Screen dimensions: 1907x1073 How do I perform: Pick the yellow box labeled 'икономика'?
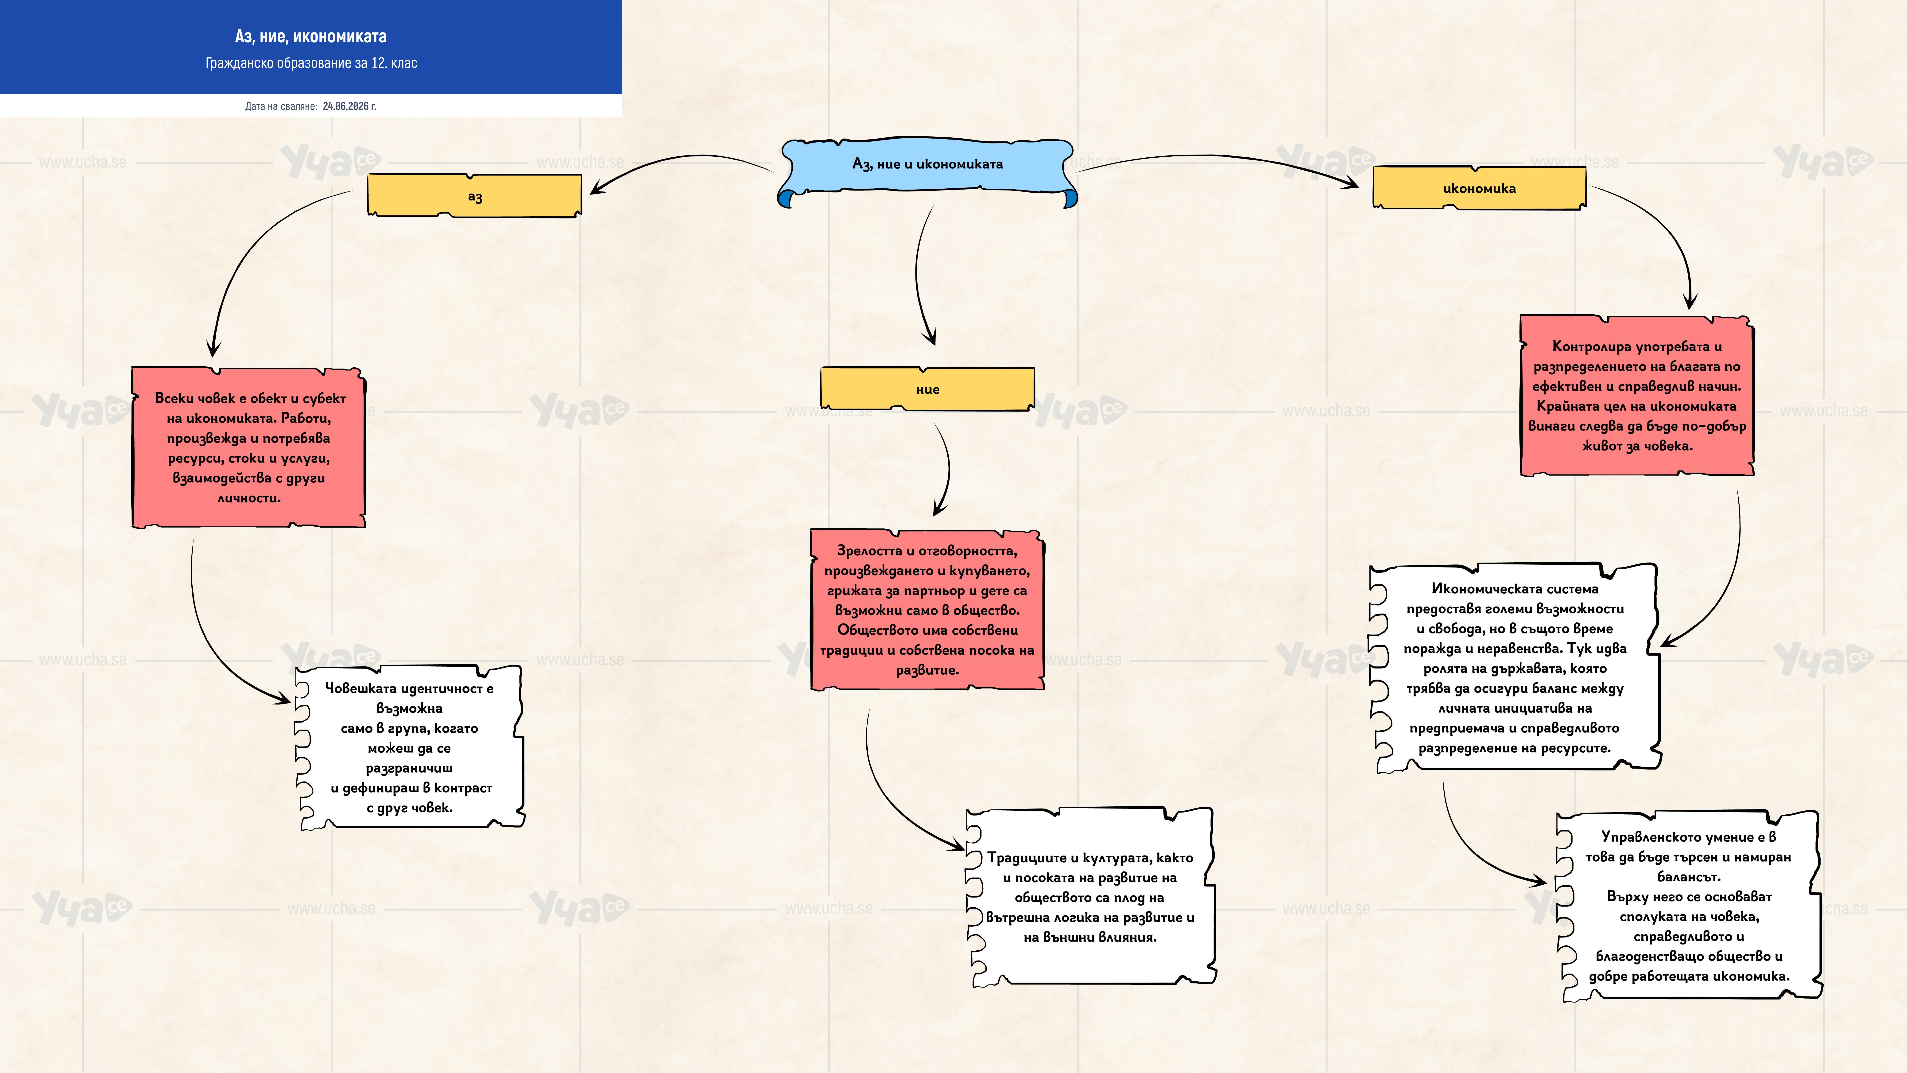click(1479, 188)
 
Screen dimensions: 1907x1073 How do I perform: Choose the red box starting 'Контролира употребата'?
click(1637, 395)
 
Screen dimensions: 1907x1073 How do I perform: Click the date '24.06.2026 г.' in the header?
click(349, 106)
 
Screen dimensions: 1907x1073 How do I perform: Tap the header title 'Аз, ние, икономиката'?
click(311, 36)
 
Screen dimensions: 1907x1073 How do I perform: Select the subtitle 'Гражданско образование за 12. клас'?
click(311, 63)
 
